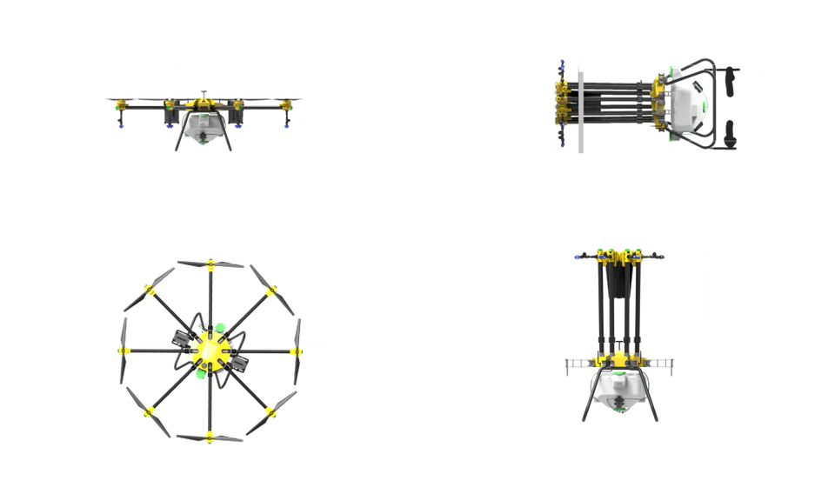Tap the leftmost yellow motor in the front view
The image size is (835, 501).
click(120, 106)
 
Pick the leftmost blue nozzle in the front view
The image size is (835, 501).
click(122, 127)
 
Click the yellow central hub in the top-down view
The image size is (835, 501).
click(209, 351)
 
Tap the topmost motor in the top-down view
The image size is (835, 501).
click(209, 265)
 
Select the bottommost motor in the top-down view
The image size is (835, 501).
click(209, 437)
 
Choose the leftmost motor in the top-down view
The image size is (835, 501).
click(124, 351)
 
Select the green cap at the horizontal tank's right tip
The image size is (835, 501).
click(707, 105)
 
